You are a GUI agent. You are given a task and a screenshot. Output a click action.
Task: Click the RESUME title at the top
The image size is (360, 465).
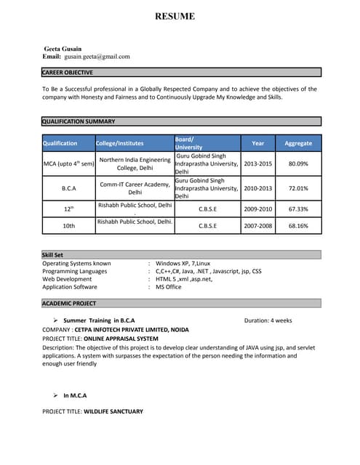(175, 16)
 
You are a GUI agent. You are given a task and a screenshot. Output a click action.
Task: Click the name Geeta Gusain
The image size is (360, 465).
(63, 48)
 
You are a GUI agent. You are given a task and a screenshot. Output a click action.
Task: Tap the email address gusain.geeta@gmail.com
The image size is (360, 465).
(97, 56)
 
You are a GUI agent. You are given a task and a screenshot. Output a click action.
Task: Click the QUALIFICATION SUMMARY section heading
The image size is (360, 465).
(79, 121)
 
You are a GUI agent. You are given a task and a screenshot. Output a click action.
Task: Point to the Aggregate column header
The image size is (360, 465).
(298, 143)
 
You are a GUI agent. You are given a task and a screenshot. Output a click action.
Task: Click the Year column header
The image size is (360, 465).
(257, 143)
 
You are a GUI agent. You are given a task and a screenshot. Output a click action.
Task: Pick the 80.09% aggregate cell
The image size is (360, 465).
(298, 163)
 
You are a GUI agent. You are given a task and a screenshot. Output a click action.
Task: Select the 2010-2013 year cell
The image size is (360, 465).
(257, 188)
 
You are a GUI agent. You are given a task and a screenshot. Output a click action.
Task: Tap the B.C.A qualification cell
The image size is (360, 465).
(68, 188)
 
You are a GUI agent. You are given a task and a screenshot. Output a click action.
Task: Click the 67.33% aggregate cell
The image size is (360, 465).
(298, 209)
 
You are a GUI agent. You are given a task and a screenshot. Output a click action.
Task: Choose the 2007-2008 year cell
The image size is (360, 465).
(257, 226)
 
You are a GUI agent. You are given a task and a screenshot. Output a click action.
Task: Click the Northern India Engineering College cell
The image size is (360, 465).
(135, 163)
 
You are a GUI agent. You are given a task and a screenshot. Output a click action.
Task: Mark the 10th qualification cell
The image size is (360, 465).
(68, 226)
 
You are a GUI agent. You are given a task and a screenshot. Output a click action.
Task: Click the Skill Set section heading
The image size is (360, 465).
(53, 254)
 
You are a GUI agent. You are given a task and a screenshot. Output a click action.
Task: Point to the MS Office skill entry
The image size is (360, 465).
(169, 287)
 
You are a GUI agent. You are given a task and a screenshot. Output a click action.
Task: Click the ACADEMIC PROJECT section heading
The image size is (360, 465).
(69, 303)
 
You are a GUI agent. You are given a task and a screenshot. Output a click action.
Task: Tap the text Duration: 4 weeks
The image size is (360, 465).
(268, 320)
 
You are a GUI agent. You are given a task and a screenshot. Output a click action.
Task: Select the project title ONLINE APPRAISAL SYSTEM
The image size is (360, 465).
(121, 338)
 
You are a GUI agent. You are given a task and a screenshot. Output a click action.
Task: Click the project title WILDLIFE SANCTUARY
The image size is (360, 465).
(113, 411)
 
